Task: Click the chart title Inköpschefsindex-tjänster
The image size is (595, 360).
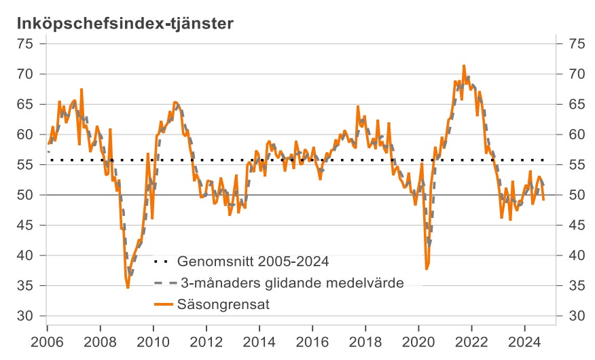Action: tap(126, 23)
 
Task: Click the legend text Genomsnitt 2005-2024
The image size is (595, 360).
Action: tap(253, 261)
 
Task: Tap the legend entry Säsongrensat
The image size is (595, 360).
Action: tap(224, 305)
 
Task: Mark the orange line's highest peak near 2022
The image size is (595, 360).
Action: tap(463, 66)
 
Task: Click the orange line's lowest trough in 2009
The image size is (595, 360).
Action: tap(128, 287)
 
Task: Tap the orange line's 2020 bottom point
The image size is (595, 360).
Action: tap(427, 269)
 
